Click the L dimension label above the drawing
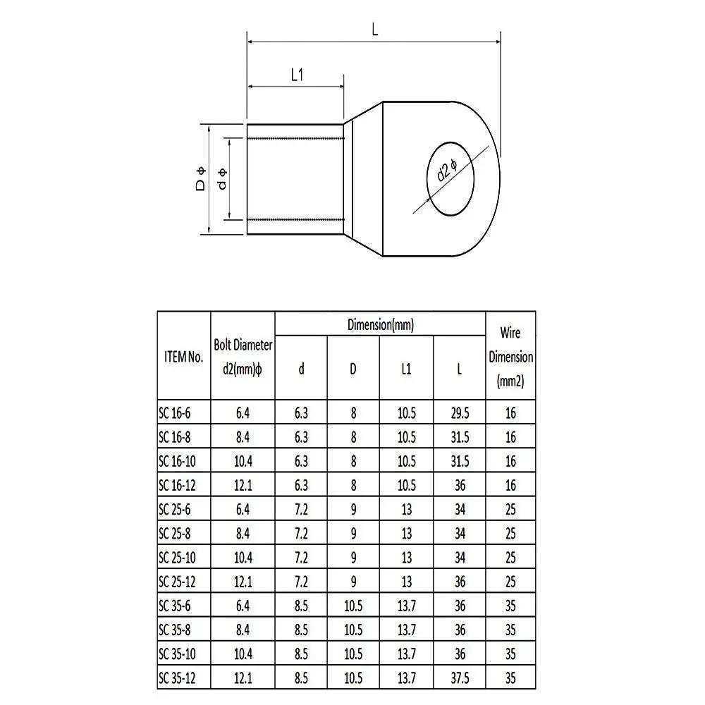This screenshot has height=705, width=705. [375, 30]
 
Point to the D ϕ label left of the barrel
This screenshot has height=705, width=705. [201, 179]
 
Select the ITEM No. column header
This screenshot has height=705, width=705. [182, 357]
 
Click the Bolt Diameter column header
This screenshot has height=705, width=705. [243, 357]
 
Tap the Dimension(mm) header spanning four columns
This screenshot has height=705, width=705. [380, 325]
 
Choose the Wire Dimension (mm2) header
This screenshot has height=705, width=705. [510, 357]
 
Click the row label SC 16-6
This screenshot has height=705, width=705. [175, 413]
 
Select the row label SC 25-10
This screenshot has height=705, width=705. [178, 558]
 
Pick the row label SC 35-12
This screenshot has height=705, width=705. [178, 678]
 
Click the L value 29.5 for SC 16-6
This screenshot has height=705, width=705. [459, 413]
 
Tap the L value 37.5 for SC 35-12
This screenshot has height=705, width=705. [459, 678]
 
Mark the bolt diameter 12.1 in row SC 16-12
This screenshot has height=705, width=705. [243, 485]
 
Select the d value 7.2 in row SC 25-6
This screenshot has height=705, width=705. [301, 509]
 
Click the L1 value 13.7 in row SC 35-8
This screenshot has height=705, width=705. [406, 630]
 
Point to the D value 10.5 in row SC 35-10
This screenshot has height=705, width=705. [353, 654]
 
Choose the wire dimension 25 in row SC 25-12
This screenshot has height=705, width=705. [510, 582]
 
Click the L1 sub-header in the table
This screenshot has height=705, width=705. [406, 369]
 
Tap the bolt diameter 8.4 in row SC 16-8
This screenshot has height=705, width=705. [243, 437]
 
